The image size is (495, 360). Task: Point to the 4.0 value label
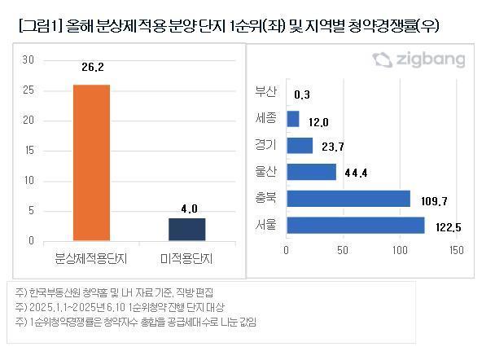coord(189,209)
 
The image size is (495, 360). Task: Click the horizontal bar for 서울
coord(356,225)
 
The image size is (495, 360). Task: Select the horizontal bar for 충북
coord(348,199)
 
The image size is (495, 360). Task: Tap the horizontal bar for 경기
coord(300,145)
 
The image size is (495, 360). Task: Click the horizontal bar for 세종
coord(293,119)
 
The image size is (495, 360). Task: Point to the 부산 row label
coord(266,92)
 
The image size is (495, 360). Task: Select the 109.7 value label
coord(432,200)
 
